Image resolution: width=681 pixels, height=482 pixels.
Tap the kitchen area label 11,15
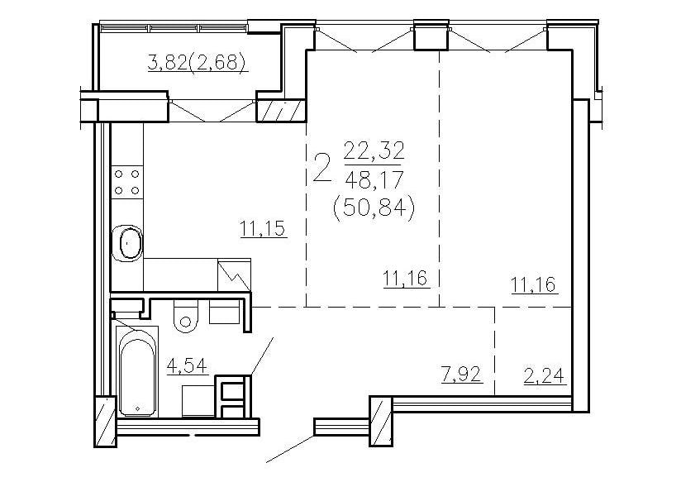pyautogui.click(x=263, y=228)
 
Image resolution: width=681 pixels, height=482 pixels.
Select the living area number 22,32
pyautogui.click(x=374, y=151)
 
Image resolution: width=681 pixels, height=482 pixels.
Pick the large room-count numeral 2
pyautogui.click(x=321, y=169)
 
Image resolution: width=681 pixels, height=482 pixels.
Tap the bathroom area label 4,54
pyautogui.click(x=187, y=365)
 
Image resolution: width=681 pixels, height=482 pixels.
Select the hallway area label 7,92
pyautogui.click(x=462, y=375)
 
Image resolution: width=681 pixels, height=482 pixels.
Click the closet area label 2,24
pyautogui.click(x=545, y=376)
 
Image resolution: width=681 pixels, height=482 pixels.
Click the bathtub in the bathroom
pyautogui.click(x=137, y=373)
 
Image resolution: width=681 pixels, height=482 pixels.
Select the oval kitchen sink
pyautogui.click(x=127, y=243)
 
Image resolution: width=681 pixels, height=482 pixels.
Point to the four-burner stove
pyautogui.click(x=126, y=182)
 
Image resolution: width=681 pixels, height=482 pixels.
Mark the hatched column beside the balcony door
pyautogui.click(x=282, y=111)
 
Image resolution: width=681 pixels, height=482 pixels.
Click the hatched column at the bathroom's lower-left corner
pyautogui.click(x=106, y=421)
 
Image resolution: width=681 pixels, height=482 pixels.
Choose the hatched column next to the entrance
pyautogui.click(x=381, y=421)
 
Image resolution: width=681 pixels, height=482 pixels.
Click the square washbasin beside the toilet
pyautogui.click(x=224, y=312)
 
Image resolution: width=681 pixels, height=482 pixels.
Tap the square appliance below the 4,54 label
pyautogui.click(x=198, y=400)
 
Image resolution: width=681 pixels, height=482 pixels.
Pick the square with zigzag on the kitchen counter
pyautogui.click(x=234, y=274)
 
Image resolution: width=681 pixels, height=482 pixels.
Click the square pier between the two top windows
pyautogui.click(x=431, y=36)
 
